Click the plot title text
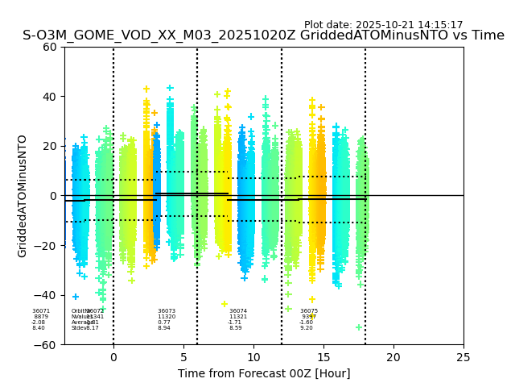coord(263,35)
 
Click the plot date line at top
coord(383,25)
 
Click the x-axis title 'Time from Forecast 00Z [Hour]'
coord(264,373)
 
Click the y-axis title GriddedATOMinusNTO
coord(23,196)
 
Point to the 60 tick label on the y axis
coord(50,47)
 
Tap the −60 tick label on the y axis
coord(47,344)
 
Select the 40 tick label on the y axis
coord(50,97)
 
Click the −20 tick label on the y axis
coord(47,246)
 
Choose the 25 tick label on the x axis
coord(463,357)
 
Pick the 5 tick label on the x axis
coord(183,357)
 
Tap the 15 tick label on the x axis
coord(323,357)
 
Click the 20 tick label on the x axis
coord(393,357)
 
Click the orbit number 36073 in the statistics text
coord(167,311)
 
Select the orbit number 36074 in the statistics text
coord(238,311)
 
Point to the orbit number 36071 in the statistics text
coord(41,311)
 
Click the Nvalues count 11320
coord(167,317)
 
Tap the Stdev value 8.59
coord(236,328)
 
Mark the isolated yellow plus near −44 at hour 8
coord(225,304)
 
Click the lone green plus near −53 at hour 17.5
coord(359,327)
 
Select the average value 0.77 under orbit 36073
coord(164,322)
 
